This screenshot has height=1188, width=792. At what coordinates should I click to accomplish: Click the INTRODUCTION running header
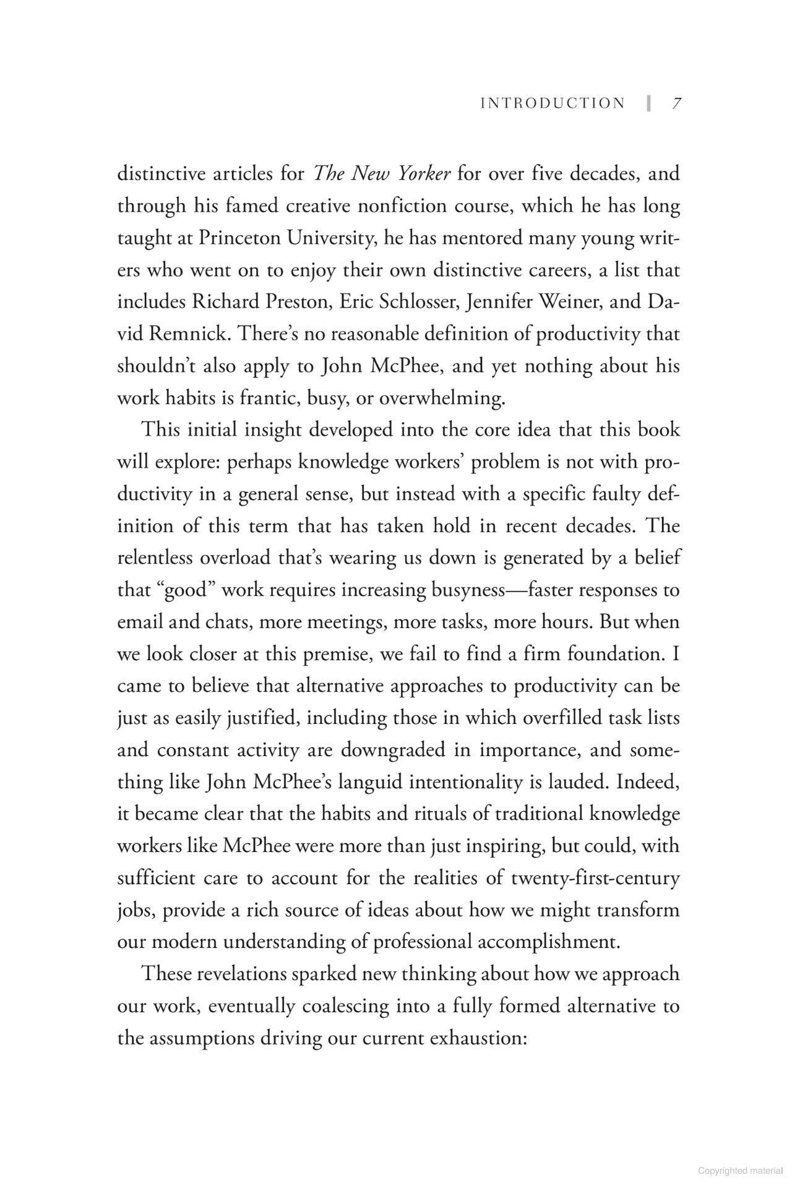[x=553, y=103]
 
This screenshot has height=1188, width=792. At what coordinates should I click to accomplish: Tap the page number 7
[x=676, y=103]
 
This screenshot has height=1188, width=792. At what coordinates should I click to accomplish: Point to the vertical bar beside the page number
[x=648, y=103]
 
